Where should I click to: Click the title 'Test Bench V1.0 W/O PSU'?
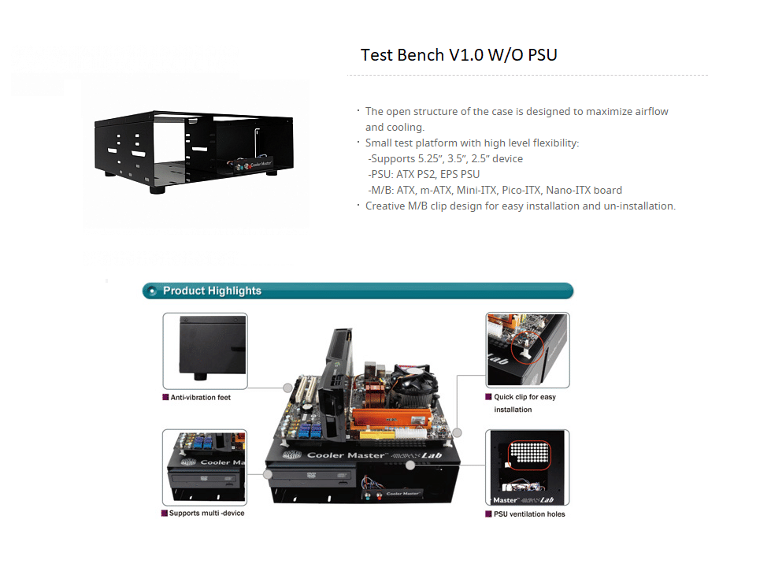459,55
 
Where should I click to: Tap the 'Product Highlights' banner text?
212,291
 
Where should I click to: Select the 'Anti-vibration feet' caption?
201,398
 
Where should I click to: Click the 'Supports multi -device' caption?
206,513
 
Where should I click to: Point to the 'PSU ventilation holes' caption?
529,514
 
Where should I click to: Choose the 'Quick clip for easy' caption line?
525,397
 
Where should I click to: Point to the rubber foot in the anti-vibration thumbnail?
200,377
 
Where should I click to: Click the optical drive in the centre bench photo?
311,475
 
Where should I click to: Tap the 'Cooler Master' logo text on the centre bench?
347,455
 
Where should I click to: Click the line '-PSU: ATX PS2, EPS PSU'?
424,175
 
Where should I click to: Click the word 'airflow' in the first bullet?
651,112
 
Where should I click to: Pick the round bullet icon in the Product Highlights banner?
152,291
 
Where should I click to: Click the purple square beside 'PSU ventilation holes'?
488,514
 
